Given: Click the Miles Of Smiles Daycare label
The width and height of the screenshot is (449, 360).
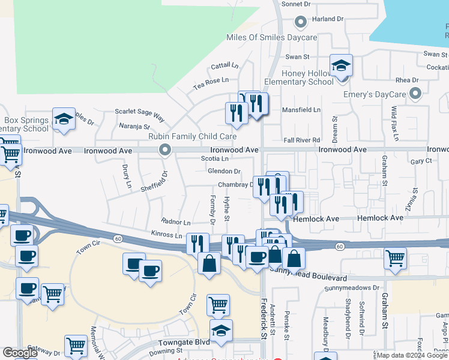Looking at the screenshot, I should [x=271, y=37].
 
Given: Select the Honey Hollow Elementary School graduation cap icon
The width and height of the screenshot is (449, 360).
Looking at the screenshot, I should [x=341, y=65].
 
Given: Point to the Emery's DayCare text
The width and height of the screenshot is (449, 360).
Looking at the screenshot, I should [x=375, y=94].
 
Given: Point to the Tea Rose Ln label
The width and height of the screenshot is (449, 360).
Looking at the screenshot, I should [x=211, y=81].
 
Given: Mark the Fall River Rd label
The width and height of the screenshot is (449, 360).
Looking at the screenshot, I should [x=302, y=140].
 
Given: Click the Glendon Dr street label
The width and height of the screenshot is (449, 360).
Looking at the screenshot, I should [x=223, y=172].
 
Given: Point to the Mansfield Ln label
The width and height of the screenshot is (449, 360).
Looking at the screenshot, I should [x=301, y=110].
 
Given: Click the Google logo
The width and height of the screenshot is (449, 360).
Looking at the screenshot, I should [x=20, y=353].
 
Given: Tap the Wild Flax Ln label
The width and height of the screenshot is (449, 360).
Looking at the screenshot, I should [x=394, y=124].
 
